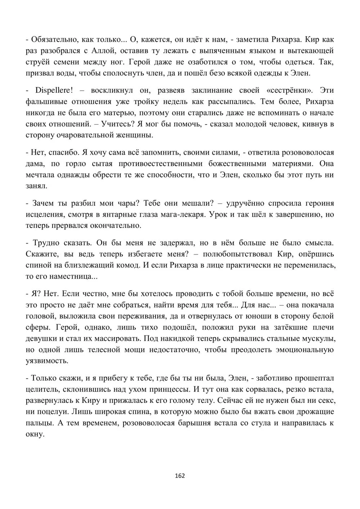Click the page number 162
coord(180,476)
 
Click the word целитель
coord(40,389)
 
